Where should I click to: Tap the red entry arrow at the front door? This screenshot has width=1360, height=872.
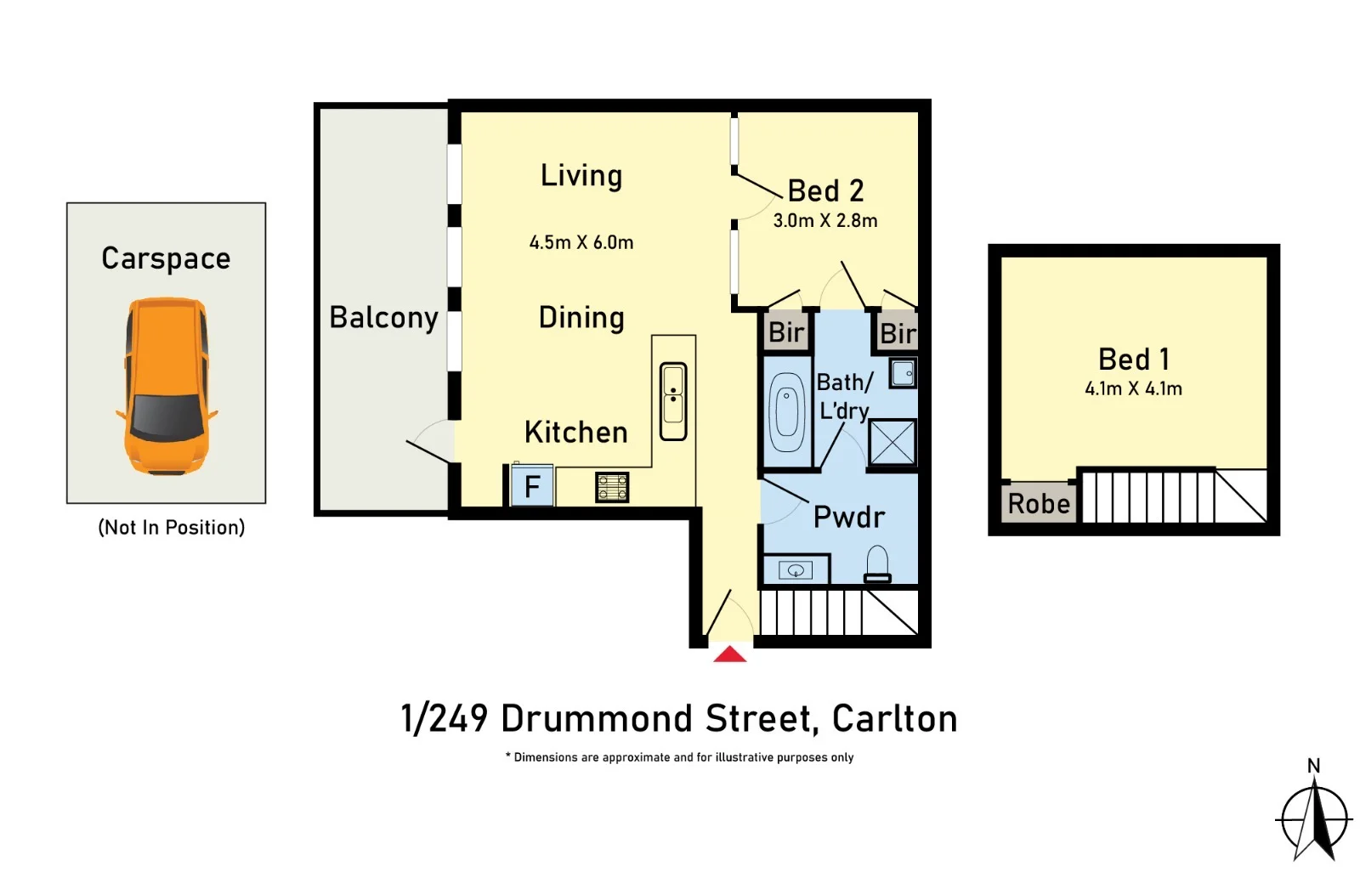click(x=729, y=654)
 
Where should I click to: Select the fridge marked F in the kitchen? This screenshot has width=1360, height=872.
click(x=532, y=486)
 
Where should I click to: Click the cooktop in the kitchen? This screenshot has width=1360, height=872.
click(x=612, y=488)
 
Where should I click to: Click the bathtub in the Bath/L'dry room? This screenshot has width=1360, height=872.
click(x=787, y=412)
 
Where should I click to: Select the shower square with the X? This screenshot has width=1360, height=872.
click(x=892, y=442)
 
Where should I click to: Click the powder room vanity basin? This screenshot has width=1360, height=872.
click(x=796, y=570)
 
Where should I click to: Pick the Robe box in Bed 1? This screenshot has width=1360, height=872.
click(x=1039, y=503)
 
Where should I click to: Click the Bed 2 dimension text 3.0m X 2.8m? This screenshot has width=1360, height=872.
click(x=824, y=221)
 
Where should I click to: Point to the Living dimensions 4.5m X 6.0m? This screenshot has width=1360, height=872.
click(x=581, y=243)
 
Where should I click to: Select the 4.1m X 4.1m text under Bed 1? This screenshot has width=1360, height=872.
click(x=1133, y=389)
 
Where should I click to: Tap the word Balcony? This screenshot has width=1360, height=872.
click(x=383, y=318)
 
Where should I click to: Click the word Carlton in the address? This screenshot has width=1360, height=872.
click(x=894, y=719)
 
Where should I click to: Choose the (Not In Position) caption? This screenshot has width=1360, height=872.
click(x=171, y=528)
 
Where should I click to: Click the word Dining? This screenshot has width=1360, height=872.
click(x=581, y=318)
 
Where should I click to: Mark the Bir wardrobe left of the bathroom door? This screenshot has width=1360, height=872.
click(x=786, y=332)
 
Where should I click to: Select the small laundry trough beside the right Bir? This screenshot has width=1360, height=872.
click(x=903, y=373)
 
